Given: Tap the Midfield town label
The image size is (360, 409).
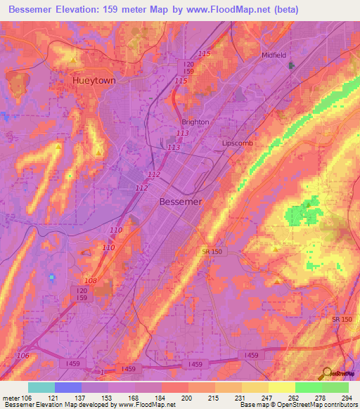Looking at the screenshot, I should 274,55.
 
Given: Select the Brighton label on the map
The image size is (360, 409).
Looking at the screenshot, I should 195,122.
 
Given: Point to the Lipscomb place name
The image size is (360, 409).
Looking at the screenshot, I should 237,143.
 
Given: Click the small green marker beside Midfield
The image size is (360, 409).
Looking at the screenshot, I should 292,66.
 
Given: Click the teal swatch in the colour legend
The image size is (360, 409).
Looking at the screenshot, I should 41,387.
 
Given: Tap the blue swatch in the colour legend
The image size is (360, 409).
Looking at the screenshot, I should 68,387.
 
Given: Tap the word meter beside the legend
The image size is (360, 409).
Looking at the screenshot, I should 12,398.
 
